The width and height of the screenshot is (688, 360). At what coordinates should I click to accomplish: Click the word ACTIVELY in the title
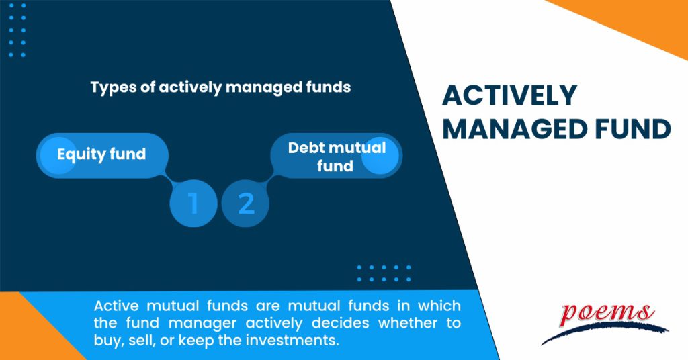tap(509, 96)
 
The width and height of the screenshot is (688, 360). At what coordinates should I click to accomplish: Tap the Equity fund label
tap(101, 154)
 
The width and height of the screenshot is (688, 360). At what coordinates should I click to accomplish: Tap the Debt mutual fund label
tap(337, 156)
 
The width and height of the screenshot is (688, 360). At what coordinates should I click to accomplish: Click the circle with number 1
tap(193, 203)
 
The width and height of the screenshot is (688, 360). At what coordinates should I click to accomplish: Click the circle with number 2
tap(246, 203)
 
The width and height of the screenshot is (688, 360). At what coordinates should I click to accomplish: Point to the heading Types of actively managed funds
tap(220, 87)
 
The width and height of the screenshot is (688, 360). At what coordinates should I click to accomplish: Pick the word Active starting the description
tap(116, 306)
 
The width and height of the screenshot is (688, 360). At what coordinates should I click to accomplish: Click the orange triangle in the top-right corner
tap(638, 20)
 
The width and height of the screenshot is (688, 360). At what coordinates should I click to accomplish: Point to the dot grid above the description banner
tap(384, 273)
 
